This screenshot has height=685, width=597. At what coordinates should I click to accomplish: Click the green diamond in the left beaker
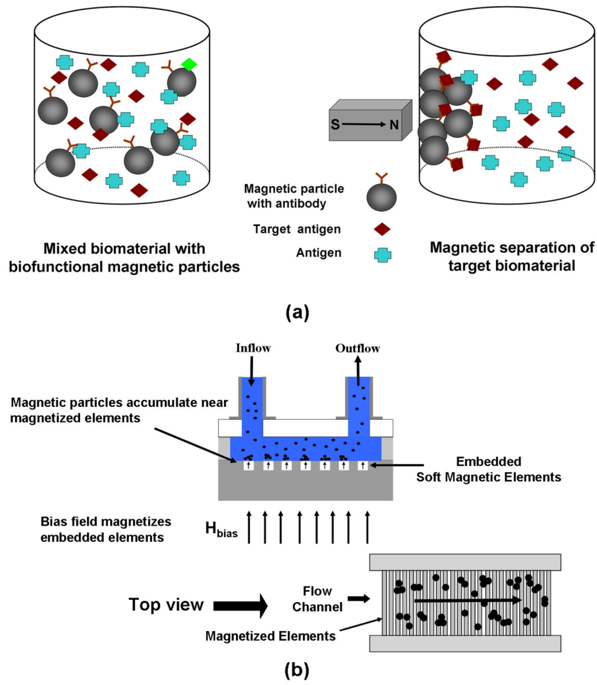tap(188, 65)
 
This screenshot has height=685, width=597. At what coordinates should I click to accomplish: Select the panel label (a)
tap(298, 312)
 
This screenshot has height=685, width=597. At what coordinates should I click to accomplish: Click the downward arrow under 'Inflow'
tap(251, 371)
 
